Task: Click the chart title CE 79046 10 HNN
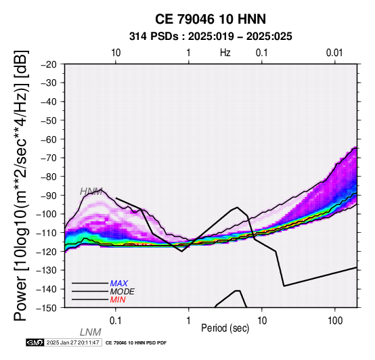(x=211, y=19)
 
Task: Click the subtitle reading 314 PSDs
(x=154, y=37)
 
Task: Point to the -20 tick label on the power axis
(x=49, y=64)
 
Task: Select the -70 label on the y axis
(x=49, y=158)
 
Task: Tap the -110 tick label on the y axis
(x=47, y=233)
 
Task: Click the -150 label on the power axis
(x=47, y=308)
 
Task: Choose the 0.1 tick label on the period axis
(x=115, y=321)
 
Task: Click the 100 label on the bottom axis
(x=335, y=321)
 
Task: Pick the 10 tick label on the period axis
(x=262, y=321)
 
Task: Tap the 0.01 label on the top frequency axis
(x=334, y=53)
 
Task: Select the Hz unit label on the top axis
(x=225, y=53)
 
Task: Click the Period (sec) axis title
(x=225, y=328)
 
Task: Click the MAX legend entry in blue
(x=119, y=284)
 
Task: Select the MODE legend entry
(x=123, y=292)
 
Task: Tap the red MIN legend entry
(x=118, y=300)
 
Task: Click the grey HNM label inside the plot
(x=91, y=192)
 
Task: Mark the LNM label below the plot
(x=91, y=332)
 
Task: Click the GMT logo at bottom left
(x=35, y=342)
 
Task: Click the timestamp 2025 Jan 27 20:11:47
(x=72, y=342)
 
